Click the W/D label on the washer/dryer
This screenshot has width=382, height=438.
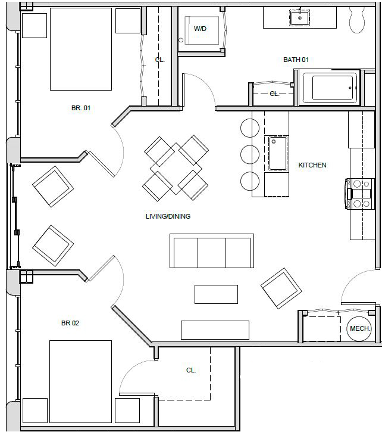click(200, 29)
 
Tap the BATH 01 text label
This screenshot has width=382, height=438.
click(296, 60)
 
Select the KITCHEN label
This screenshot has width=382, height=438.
click(312, 165)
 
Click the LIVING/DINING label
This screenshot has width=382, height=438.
click(168, 216)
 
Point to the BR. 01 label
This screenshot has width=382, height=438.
click(80, 108)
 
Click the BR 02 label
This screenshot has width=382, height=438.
click(70, 324)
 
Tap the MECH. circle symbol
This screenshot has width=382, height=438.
click(360, 328)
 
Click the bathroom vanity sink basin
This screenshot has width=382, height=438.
click(300, 17)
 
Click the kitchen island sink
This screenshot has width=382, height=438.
click(277, 154)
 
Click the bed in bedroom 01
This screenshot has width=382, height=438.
click(81, 49)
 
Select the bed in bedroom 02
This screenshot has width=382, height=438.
click(80, 381)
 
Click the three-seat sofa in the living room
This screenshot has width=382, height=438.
click(212, 251)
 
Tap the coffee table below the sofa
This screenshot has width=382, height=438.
click(216, 294)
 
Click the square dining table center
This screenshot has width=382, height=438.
click(176, 169)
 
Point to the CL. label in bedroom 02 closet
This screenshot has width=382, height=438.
click(191, 370)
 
